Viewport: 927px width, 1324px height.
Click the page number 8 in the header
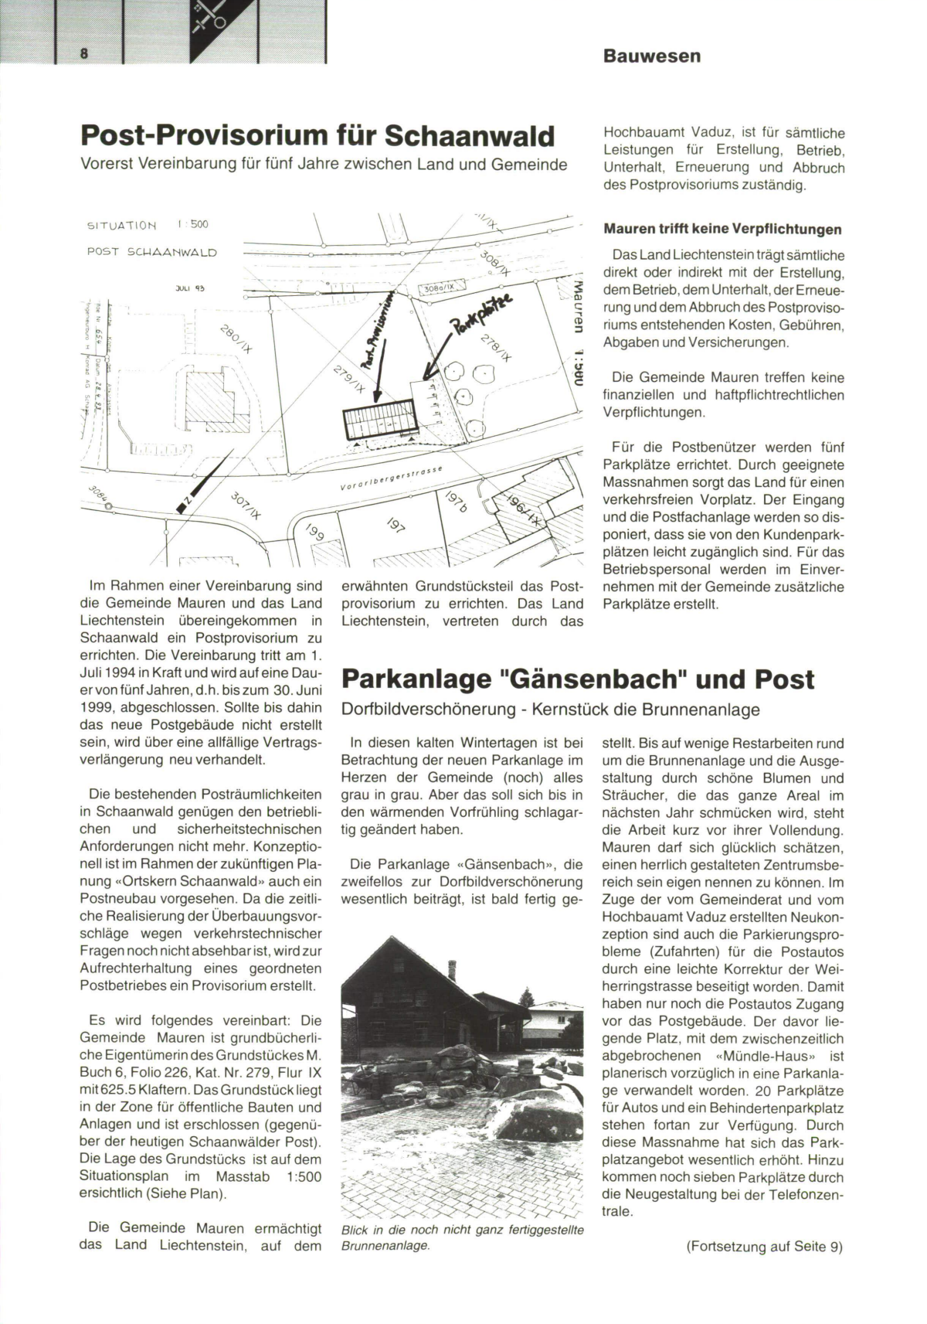[83, 52]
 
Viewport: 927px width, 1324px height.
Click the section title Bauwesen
[652, 56]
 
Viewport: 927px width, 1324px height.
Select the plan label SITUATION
[123, 226]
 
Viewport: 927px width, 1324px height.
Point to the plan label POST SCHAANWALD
[152, 252]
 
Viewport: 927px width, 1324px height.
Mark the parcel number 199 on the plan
[314, 533]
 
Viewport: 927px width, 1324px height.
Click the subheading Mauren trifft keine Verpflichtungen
[722, 230]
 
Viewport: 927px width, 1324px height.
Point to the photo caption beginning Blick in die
[462, 1236]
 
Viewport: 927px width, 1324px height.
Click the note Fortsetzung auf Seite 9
[763, 1247]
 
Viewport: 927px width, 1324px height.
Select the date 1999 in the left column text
[98, 707]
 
